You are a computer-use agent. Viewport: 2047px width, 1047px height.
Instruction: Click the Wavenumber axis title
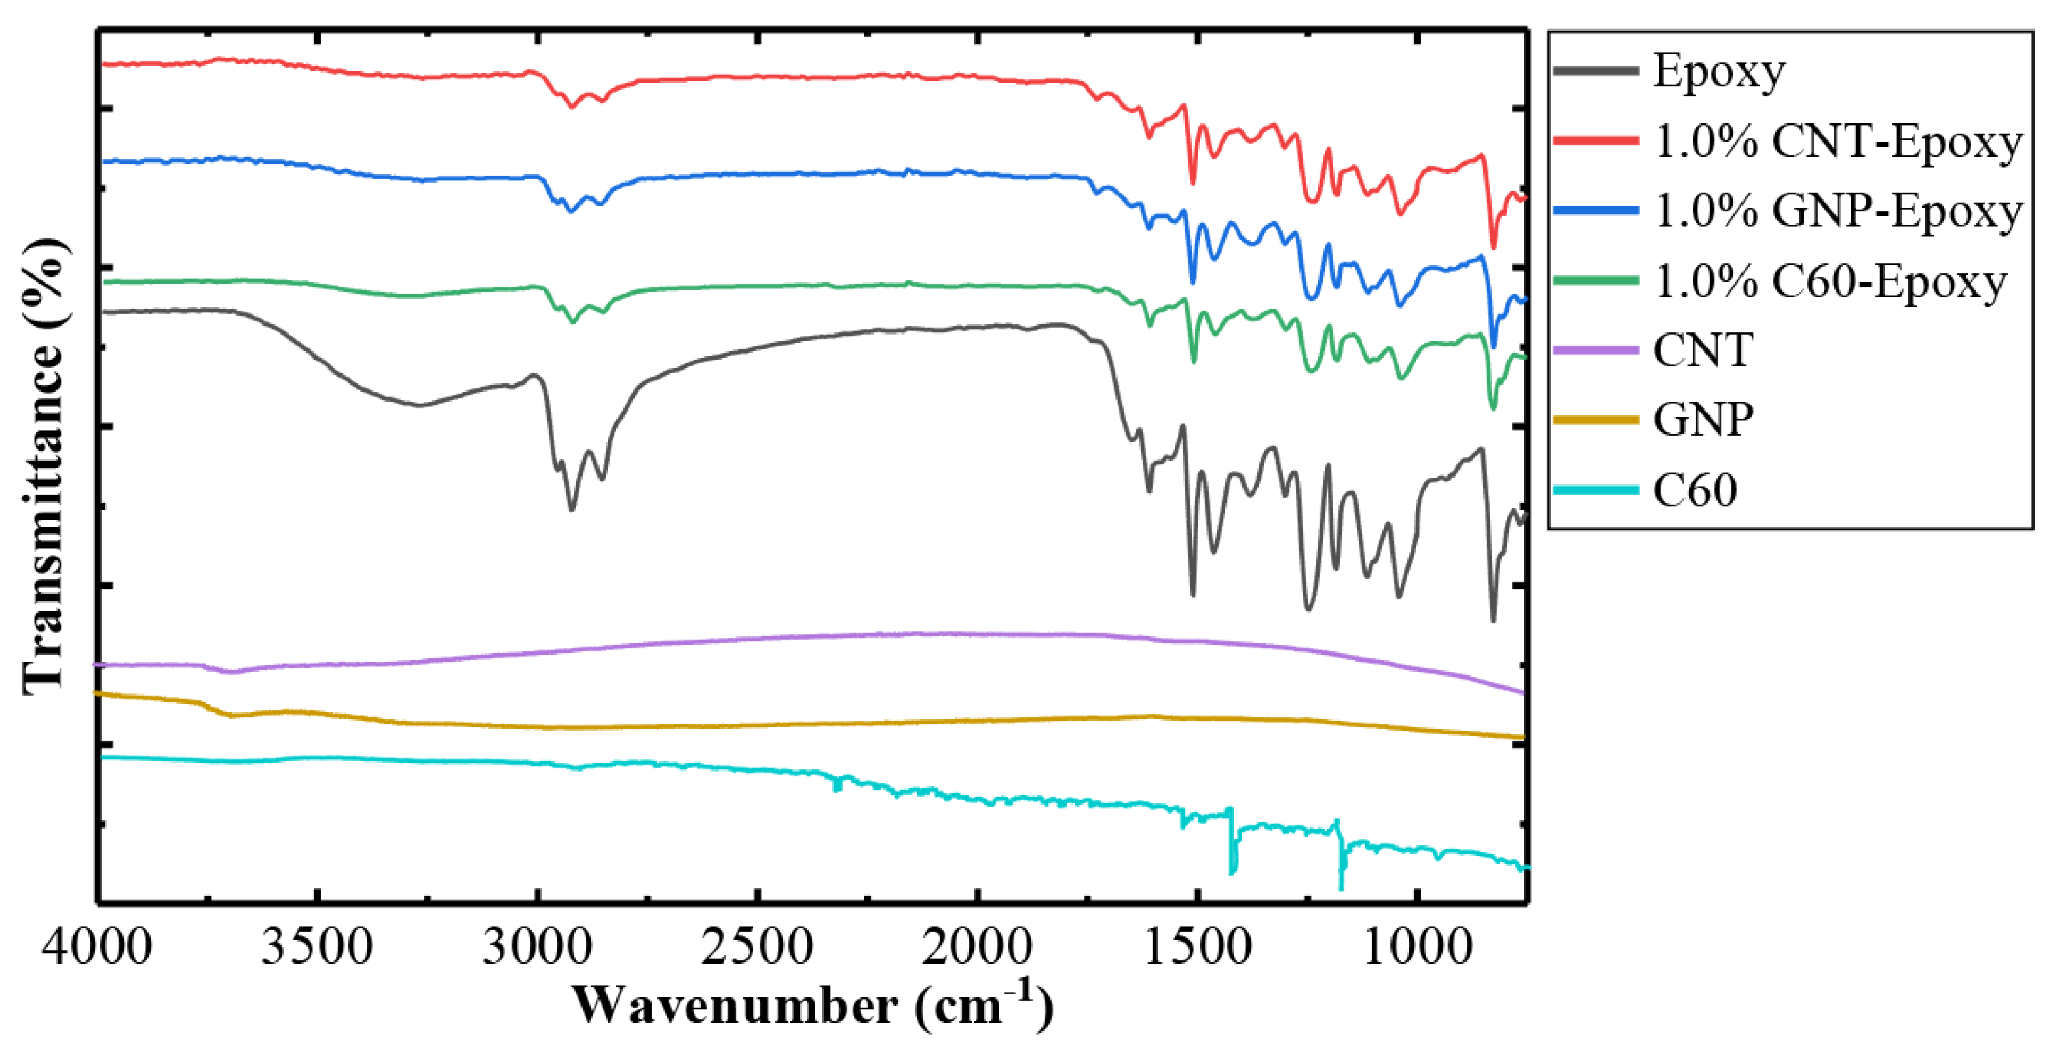(812, 1006)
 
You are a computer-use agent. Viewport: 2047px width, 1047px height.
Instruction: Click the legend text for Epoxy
(1719, 71)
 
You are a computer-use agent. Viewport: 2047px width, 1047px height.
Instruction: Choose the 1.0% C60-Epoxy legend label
(1829, 281)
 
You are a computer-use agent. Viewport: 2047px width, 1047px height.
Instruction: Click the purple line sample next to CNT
(1596, 350)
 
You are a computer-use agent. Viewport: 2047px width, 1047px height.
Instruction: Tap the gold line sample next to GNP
(1596, 420)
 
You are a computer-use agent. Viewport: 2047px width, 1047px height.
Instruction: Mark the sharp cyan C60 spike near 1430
(1231, 872)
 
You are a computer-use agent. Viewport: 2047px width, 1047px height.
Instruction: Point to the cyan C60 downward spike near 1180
(1342, 888)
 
